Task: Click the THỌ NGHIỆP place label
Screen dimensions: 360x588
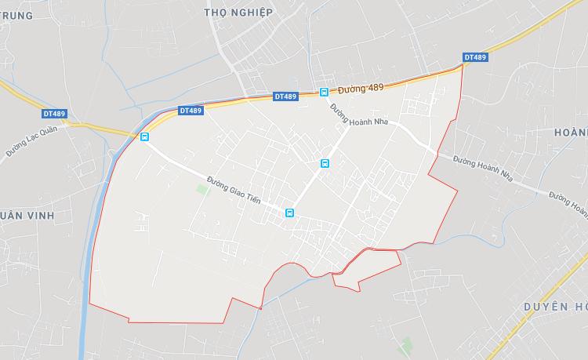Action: pyautogui.click(x=238, y=13)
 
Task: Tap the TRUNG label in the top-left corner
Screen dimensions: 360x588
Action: pyautogui.click(x=17, y=15)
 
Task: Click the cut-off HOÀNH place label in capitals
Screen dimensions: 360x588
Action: pyautogui.click(x=570, y=133)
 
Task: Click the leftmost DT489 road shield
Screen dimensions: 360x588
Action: pyautogui.click(x=55, y=114)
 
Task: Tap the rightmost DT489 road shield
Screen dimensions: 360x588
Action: pyautogui.click(x=475, y=57)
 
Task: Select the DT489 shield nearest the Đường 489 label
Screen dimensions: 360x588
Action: pyautogui.click(x=286, y=96)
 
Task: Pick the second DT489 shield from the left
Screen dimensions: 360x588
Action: pyautogui.click(x=191, y=111)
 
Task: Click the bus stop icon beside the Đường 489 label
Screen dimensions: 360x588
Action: pyautogui.click(x=324, y=92)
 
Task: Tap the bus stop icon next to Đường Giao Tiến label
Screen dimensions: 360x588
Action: pyautogui.click(x=289, y=213)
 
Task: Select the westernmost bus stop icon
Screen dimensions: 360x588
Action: pyautogui.click(x=144, y=137)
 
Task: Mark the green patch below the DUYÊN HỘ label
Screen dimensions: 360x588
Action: pyautogui.click(x=405, y=344)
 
